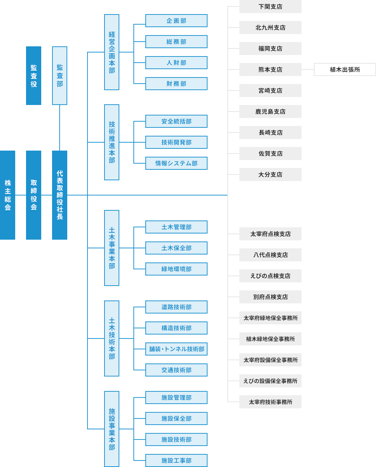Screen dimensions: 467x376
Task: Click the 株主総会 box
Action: click(8, 195)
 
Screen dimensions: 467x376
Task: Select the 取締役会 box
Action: click(34, 195)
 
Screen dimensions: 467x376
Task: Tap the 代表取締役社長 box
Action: click(60, 195)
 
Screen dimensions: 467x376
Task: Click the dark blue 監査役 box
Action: click(34, 76)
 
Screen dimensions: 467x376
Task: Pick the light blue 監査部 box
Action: click(60, 76)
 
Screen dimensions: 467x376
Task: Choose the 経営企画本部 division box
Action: click(112, 52)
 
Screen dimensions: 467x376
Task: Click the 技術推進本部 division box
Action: click(112, 142)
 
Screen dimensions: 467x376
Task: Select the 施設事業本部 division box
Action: click(112, 429)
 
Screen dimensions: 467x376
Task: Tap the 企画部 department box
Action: click(176, 21)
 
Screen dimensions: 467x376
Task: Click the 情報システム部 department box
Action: click(176, 163)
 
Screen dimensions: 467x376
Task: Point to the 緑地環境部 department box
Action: click(176, 269)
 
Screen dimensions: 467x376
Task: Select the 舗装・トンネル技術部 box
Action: click(176, 349)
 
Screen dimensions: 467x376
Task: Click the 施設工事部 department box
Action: click(176, 460)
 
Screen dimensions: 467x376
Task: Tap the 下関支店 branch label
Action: click(270, 7)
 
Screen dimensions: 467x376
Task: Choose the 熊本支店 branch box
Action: click(270, 70)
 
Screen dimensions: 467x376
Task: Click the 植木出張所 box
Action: click(345, 70)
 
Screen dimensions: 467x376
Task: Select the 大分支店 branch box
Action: click(270, 174)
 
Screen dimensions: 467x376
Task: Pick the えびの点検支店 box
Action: click(270, 276)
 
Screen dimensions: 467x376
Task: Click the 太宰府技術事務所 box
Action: click(270, 402)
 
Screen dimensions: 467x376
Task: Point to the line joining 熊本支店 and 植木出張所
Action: click(308, 70)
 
